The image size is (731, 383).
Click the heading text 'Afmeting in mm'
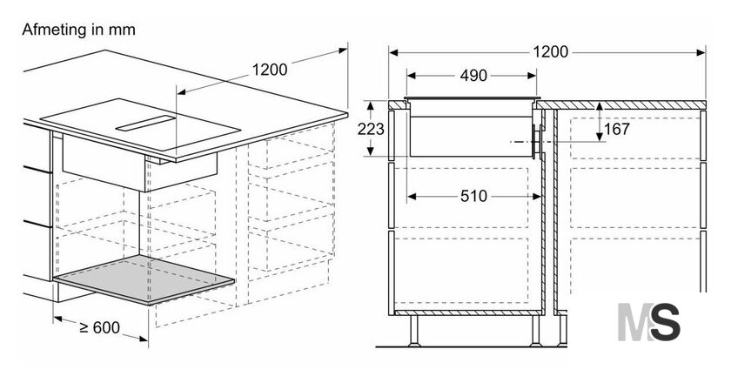[x=78, y=30]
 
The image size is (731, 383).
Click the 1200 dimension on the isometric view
[x=270, y=70]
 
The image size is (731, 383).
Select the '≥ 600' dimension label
[x=100, y=327]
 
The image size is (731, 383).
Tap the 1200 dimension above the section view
[x=551, y=51]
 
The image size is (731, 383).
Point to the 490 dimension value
[x=473, y=76]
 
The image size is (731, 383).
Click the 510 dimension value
[x=473, y=197]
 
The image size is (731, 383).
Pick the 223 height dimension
[x=371, y=129]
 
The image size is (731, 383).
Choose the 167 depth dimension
[x=617, y=129]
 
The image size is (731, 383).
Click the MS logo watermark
[x=648, y=321]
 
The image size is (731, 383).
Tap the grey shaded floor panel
[x=144, y=279]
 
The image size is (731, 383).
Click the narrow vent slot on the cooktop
[x=145, y=123]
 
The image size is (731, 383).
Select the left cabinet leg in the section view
[x=413, y=331]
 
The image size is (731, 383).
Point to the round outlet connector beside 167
[x=537, y=141]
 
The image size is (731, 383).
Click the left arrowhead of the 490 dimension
[x=411, y=76]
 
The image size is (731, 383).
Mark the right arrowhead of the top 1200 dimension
[x=701, y=52]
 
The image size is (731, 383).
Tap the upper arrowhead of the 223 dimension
[x=371, y=106]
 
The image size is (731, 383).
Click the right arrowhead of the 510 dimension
[x=537, y=197]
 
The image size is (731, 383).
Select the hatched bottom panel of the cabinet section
[x=468, y=312]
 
